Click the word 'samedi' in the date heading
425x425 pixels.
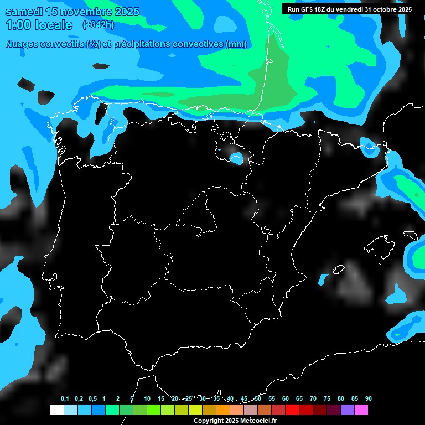pos(22,12)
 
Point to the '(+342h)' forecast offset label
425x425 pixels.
pos(98,25)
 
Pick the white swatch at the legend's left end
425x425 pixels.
pos(56,410)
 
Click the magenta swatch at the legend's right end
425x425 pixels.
pos(361,410)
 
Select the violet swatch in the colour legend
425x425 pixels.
pos(348,410)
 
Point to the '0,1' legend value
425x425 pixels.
pos(65,399)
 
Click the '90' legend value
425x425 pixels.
pos(368,399)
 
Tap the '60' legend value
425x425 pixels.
pos(286,399)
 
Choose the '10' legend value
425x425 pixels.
pos(147,399)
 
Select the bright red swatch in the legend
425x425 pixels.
pos(292,410)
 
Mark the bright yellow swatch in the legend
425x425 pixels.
pos(195,410)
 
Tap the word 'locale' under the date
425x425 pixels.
pos(54,25)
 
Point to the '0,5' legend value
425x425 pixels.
pos(92,399)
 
